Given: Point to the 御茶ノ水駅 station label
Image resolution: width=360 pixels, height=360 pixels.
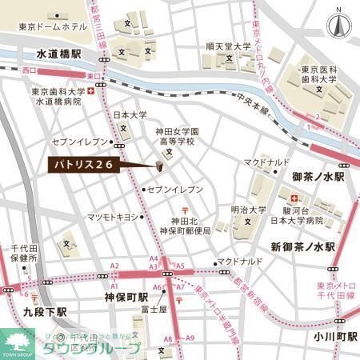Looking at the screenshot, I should pos(318,176).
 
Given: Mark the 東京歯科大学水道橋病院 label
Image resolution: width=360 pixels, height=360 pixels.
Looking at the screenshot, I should pos(57,97).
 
